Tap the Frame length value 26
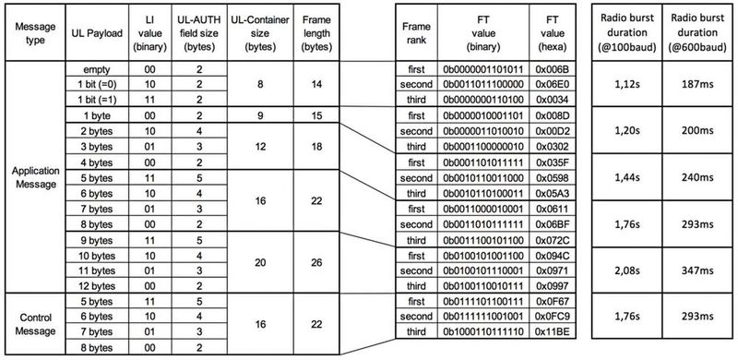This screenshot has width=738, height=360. tap(316, 262)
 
